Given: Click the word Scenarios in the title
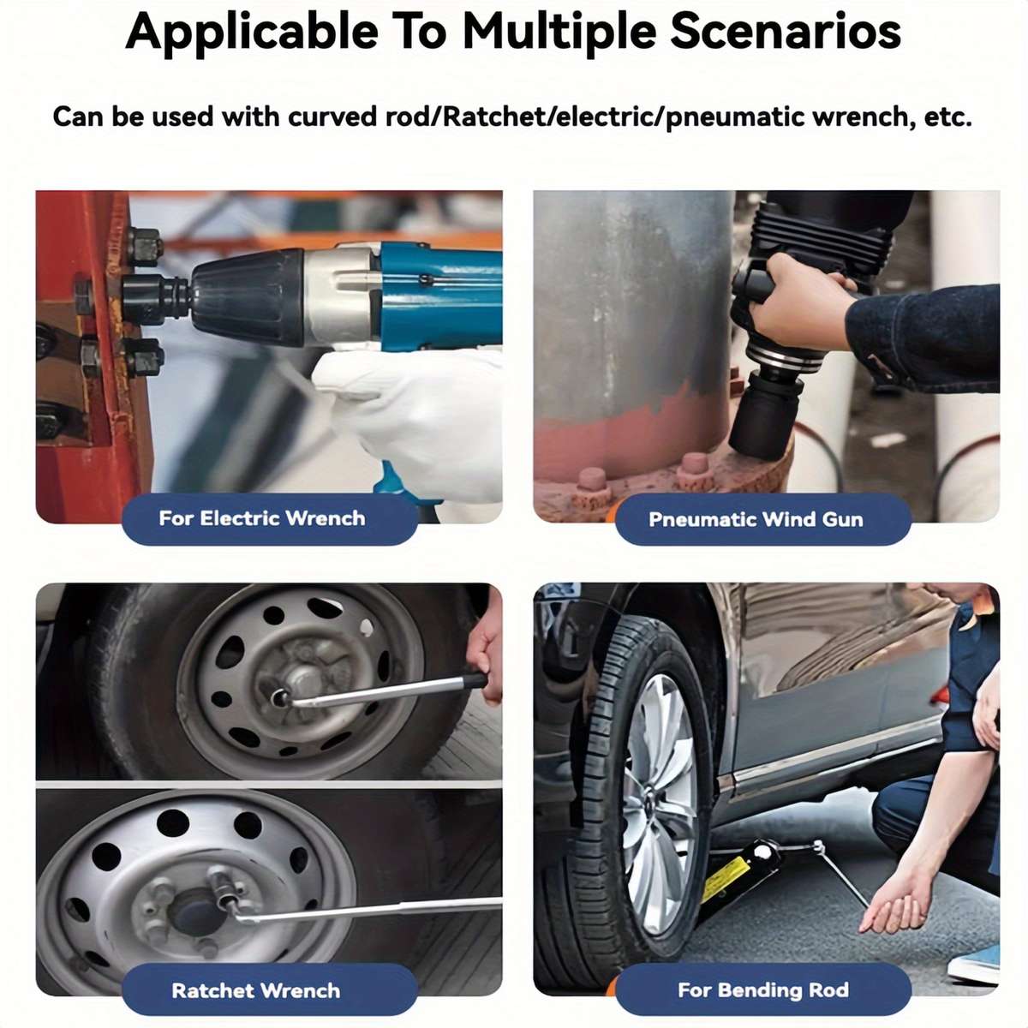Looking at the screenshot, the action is [x=786, y=32].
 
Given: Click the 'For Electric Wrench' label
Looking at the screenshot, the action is [x=262, y=518].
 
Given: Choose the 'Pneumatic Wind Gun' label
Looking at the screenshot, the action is [x=756, y=520].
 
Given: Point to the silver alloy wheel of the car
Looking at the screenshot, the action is [x=660, y=805].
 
